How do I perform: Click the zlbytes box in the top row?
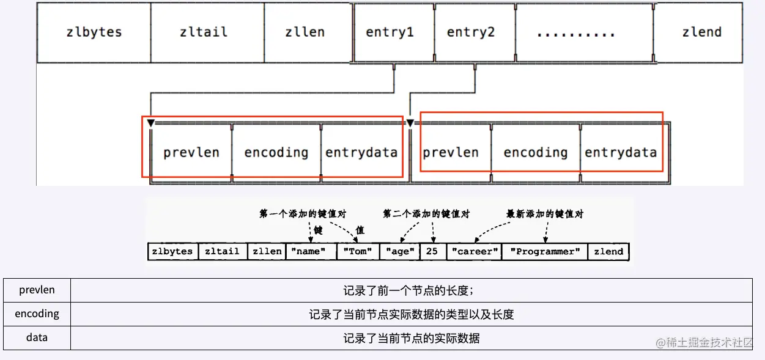point(94,32)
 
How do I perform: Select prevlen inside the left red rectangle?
point(191,152)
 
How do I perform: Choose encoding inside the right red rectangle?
point(535,152)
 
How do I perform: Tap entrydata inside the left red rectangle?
point(361,152)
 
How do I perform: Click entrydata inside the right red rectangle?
point(620,152)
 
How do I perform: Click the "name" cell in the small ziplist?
point(310,251)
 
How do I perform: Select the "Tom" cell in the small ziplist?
point(357,251)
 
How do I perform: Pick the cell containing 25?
point(432,251)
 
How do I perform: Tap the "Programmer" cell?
point(544,251)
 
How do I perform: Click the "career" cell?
point(474,251)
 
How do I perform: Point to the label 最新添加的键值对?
point(545,214)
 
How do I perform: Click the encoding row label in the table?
point(37,314)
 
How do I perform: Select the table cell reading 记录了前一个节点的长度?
point(411,290)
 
